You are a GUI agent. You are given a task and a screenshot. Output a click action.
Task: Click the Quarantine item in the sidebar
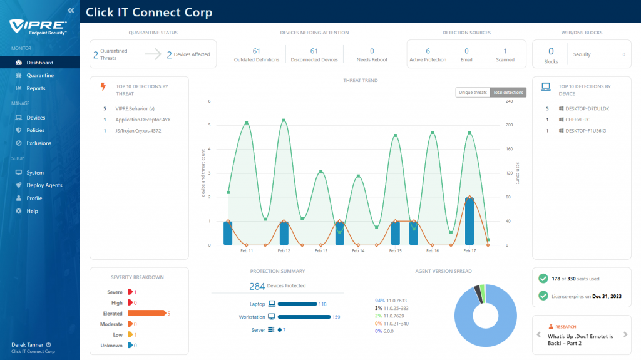click(x=40, y=75)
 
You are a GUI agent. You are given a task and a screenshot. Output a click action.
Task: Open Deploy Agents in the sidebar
click(x=44, y=185)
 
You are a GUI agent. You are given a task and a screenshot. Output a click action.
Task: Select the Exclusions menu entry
click(x=39, y=143)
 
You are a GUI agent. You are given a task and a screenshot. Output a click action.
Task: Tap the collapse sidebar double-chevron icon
click(x=71, y=10)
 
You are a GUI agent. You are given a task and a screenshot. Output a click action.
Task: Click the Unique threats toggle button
click(x=473, y=93)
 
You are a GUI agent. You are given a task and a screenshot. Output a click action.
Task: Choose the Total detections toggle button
click(x=508, y=93)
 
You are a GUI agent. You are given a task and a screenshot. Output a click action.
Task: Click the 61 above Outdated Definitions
click(x=256, y=51)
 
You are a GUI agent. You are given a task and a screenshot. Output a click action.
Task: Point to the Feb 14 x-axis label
click(x=358, y=251)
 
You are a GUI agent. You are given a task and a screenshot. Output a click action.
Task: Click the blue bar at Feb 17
click(x=469, y=221)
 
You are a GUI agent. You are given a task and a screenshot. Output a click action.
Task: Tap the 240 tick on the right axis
click(x=509, y=101)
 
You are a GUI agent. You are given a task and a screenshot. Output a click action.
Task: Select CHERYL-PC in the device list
click(x=578, y=120)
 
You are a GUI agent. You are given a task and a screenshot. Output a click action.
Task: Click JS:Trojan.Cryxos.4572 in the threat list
click(x=138, y=131)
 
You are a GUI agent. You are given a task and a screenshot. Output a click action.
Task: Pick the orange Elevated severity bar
click(x=146, y=314)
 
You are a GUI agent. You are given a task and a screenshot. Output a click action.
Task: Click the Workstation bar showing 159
click(x=304, y=317)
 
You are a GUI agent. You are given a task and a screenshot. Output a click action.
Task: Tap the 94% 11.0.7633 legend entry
click(x=391, y=301)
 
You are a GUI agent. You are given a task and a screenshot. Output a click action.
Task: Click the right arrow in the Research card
click(x=625, y=334)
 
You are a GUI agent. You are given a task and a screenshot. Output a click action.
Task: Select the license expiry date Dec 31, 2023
click(x=607, y=297)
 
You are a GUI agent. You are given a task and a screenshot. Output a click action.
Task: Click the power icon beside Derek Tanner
click(x=48, y=345)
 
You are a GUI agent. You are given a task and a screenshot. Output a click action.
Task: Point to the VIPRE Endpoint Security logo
click(x=38, y=28)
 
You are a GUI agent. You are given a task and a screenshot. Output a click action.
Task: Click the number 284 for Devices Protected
click(x=257, y=286)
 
